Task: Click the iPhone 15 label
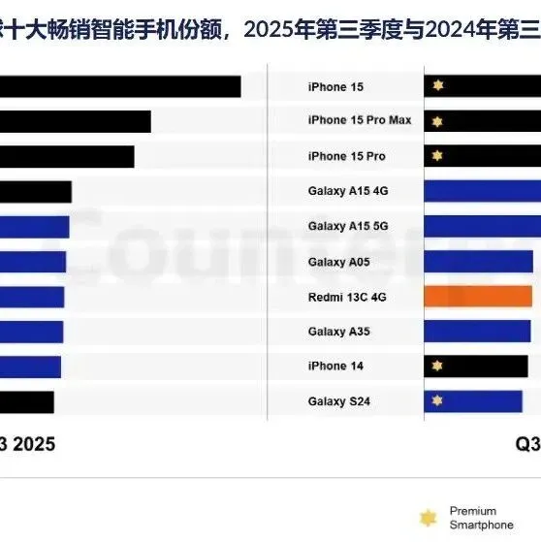tap(335, 87)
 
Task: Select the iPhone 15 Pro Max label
tap(360, 120)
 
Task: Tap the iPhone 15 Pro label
tap(346, 156)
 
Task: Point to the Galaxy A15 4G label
tap(348, 191)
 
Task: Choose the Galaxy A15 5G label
tap(348, 226)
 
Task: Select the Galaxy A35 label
tap(339, 332)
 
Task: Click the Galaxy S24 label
tap(339, 401)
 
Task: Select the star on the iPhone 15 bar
tap(437, 87)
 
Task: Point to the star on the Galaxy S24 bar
tap(437, 400)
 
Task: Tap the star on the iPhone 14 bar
tap(437, 366)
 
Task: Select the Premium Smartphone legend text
tap(481, 518)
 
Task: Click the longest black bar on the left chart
tap(120, 86)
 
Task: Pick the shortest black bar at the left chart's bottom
tap(27, 401)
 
